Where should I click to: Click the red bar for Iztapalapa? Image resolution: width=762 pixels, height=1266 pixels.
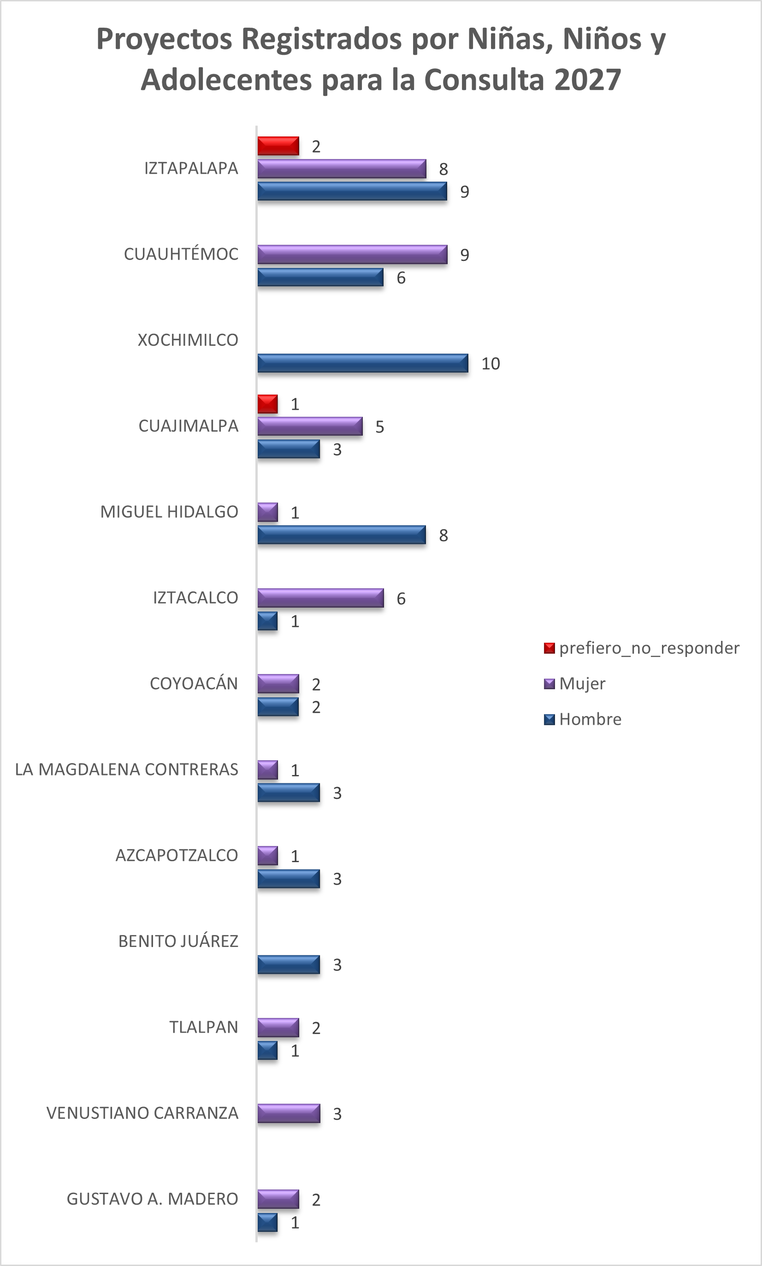pos(278,146)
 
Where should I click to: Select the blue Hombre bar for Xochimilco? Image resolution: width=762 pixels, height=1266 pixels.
pos(362,363)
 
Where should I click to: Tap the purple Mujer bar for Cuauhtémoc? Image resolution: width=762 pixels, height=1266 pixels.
pos(352,254)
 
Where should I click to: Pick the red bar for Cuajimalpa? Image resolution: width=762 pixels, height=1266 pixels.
pos(267,404)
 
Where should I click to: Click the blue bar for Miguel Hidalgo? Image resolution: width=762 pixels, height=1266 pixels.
pos(342,535)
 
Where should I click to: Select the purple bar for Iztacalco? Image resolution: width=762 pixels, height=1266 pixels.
pos(320,598)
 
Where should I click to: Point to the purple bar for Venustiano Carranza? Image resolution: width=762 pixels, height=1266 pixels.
pos(289,1113)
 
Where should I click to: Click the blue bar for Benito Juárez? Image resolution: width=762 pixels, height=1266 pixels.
pos(289,964)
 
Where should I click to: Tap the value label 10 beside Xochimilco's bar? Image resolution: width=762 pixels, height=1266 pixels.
pos(490,363)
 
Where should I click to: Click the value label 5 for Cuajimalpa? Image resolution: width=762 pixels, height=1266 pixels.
pos(379,426)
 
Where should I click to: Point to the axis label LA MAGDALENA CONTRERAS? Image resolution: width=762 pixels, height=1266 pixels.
pos(126,769)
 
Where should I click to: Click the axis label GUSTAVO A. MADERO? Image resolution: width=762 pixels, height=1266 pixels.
pos(153,1199)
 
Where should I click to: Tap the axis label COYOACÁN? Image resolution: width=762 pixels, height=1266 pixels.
pos(194,683)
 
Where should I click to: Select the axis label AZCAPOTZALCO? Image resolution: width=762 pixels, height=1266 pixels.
pos(177,855)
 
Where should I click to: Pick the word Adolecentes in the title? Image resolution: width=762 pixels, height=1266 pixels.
pos(226,80)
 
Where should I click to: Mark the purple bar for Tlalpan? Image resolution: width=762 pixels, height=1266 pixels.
pos(278,1028)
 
